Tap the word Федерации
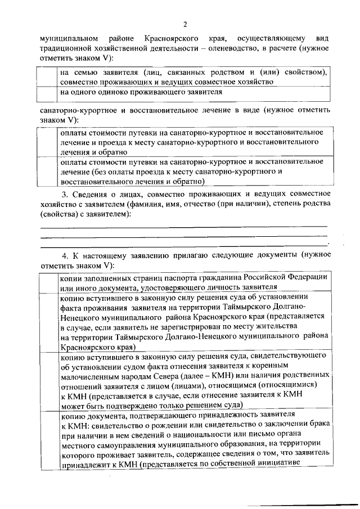[303, 278]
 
